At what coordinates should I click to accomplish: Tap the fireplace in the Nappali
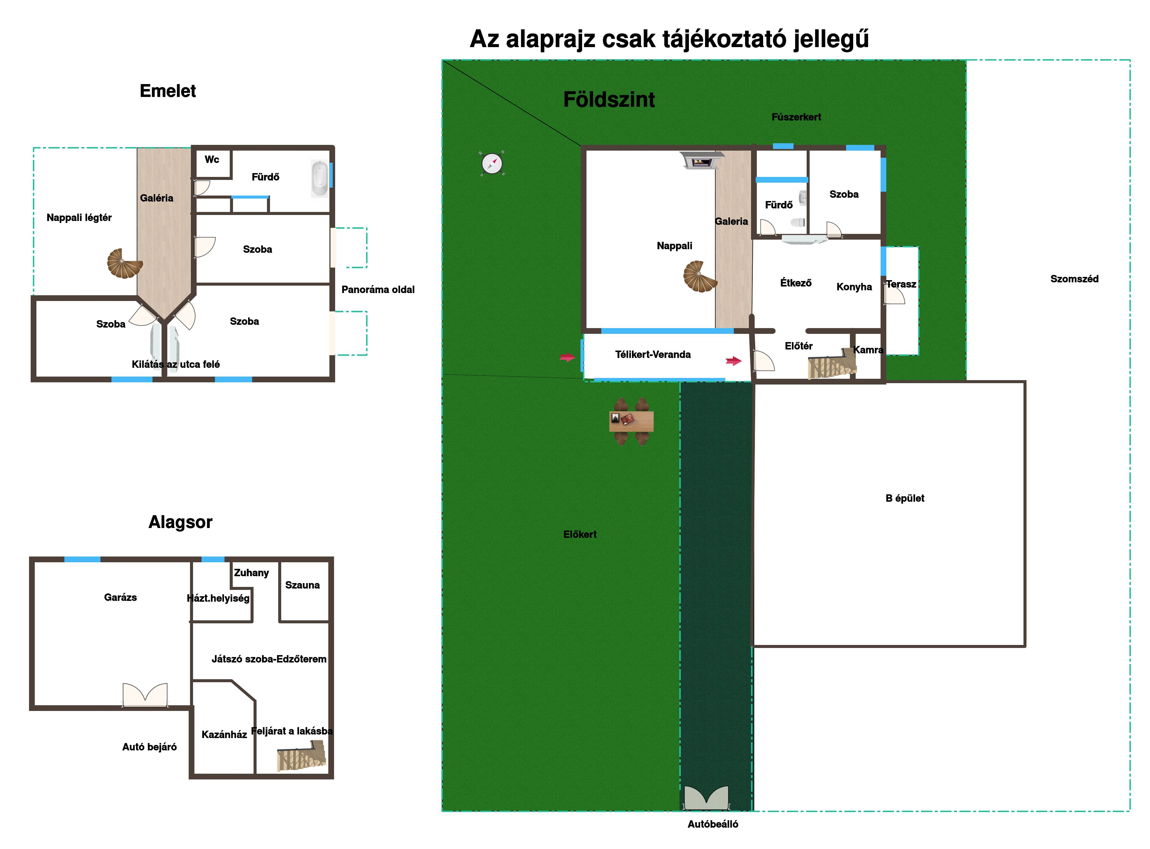point(701,160)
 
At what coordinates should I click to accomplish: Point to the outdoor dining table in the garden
point(631,421)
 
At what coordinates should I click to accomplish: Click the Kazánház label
point(224,735)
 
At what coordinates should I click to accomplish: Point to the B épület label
point(905,498)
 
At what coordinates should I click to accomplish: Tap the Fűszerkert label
point(796,117)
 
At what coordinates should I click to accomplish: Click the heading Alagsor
point(180,522)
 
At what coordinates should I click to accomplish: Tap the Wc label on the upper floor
point(212,159)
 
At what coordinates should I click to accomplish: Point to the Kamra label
point(868,350)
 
